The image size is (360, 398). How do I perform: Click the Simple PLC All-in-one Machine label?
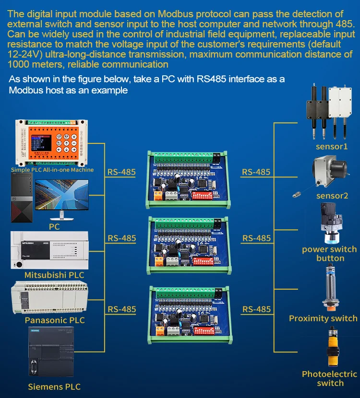52,170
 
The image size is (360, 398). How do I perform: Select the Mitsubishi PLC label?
54,275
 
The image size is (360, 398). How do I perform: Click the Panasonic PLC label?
55,320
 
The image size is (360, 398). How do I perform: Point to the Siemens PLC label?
54,386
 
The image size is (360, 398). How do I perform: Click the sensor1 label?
332,147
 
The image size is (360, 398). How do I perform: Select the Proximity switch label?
323,318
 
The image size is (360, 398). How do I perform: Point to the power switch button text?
329,254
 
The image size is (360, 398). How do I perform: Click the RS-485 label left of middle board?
121,238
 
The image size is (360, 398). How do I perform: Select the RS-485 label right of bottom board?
256,309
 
